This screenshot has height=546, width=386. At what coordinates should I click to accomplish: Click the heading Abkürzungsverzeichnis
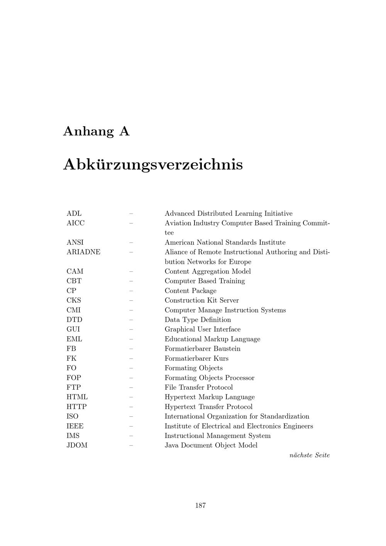153,164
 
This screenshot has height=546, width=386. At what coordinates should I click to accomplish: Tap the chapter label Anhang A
96,131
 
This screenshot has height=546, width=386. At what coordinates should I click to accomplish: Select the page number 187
200,505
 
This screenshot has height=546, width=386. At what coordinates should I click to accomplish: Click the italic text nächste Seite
310,455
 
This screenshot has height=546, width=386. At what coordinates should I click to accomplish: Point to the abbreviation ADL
74,214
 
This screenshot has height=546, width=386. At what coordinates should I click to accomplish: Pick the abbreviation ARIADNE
83,252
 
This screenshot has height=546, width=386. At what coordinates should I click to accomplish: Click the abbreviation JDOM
77,445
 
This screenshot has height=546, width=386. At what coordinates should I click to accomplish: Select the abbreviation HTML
77,397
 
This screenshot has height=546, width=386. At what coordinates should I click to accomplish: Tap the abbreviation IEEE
75,426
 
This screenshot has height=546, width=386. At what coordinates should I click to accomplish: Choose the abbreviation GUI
73,329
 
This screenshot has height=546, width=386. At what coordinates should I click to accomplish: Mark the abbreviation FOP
74,378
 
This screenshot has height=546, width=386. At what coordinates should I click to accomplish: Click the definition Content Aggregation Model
208,271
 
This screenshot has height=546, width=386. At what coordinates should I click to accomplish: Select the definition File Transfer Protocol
199,387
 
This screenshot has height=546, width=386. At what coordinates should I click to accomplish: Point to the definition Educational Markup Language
212,339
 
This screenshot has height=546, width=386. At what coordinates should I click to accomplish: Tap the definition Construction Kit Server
201,300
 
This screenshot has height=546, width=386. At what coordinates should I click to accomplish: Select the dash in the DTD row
131,320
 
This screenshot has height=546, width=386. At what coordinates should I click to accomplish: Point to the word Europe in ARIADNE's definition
240,262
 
